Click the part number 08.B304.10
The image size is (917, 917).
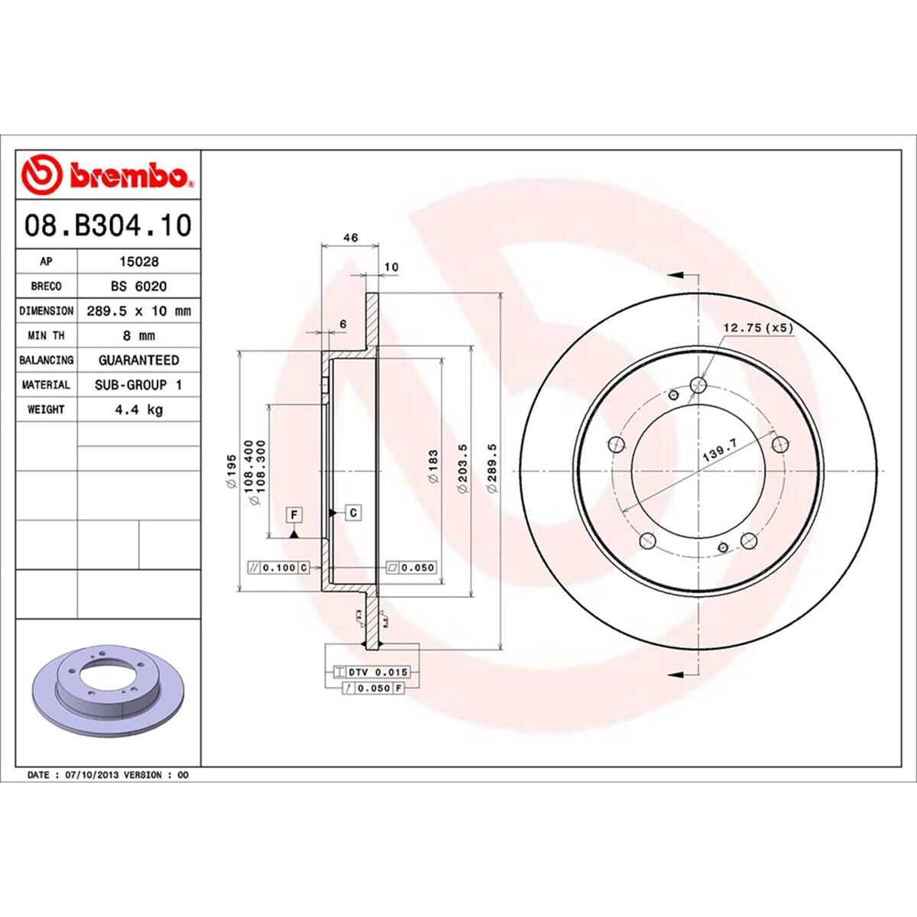(x=108, y=226)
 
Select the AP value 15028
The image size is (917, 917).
(x=139, y=261)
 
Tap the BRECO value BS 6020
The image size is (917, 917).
(x=139, y=286)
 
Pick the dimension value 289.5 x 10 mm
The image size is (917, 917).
(x=139, y=311)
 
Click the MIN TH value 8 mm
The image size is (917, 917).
(x=139, y=335)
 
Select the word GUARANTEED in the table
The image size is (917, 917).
(x=139, y=360)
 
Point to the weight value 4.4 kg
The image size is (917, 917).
(x=139, y=410)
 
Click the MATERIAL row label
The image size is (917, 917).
(x=46, y=385)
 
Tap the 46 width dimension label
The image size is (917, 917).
(x=350, y=238)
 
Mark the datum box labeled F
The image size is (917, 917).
(x=293, y=514)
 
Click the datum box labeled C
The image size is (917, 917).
(x=353, y=512)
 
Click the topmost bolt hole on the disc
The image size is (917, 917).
(x=698, y=384)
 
